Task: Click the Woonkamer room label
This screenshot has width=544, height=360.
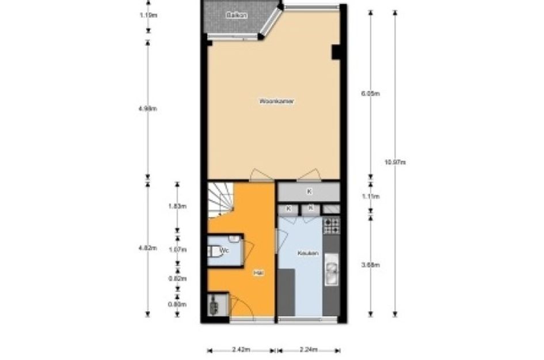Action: [x=277, y=101]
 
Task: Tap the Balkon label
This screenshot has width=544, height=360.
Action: [x=236, y=16]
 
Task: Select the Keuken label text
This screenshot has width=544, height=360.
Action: [x=308, y=253]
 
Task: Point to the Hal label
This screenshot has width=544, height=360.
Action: [x=258, y=273]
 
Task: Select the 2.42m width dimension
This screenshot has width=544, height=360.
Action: [x=240, y=349]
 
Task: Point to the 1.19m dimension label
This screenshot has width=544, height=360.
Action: [x=148, y=16]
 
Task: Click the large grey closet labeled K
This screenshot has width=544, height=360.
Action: [x=309, y=191]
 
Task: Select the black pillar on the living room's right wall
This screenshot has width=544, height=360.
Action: [x=336, y=52]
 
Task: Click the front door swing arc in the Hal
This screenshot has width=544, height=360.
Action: [x=245, y=309]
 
